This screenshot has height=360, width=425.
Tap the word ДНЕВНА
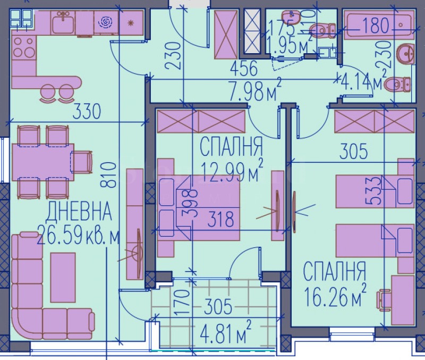(x=79, y=212)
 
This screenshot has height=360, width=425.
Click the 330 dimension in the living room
(x=87, y=112)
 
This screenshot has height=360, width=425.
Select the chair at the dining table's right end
(x=81, y=162)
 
